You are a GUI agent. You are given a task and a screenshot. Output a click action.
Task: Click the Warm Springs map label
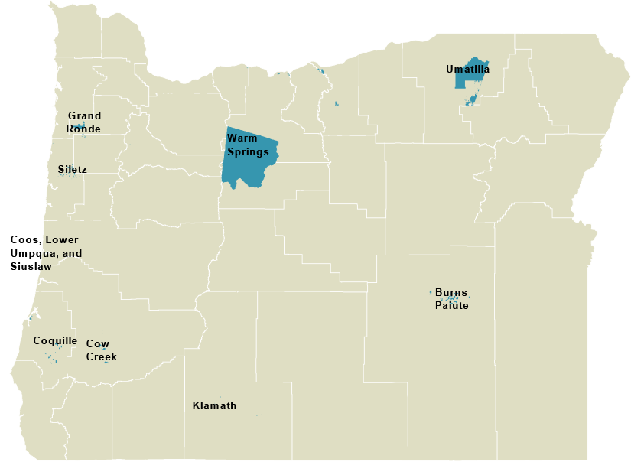coord(248,145)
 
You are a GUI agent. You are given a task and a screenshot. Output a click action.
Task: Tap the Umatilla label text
coord(467,69)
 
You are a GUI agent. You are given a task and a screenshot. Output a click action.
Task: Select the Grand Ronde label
coord(84,122)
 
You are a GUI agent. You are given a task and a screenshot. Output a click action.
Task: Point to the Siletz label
coord(72,168)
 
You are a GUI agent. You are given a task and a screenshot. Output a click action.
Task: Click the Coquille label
coord(55,340)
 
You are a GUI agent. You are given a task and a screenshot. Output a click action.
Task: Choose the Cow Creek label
coord(102,350)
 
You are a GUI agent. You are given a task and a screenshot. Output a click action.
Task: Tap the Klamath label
coord(214,405)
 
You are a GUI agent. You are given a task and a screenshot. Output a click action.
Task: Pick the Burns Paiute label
coord(451,299)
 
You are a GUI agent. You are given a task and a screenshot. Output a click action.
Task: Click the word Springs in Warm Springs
coord(248,151)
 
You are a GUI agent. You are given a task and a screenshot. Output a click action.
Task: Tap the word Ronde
coord(83,129)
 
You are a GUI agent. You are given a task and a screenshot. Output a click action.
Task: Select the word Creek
coord(102,357)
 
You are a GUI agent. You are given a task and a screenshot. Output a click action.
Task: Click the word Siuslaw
coord(31,266)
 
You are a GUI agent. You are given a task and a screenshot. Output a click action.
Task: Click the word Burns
coord(451,292)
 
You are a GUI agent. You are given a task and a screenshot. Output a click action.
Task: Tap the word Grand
coord(84,116)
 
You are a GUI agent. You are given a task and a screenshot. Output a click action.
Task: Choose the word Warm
coord(242,138)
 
